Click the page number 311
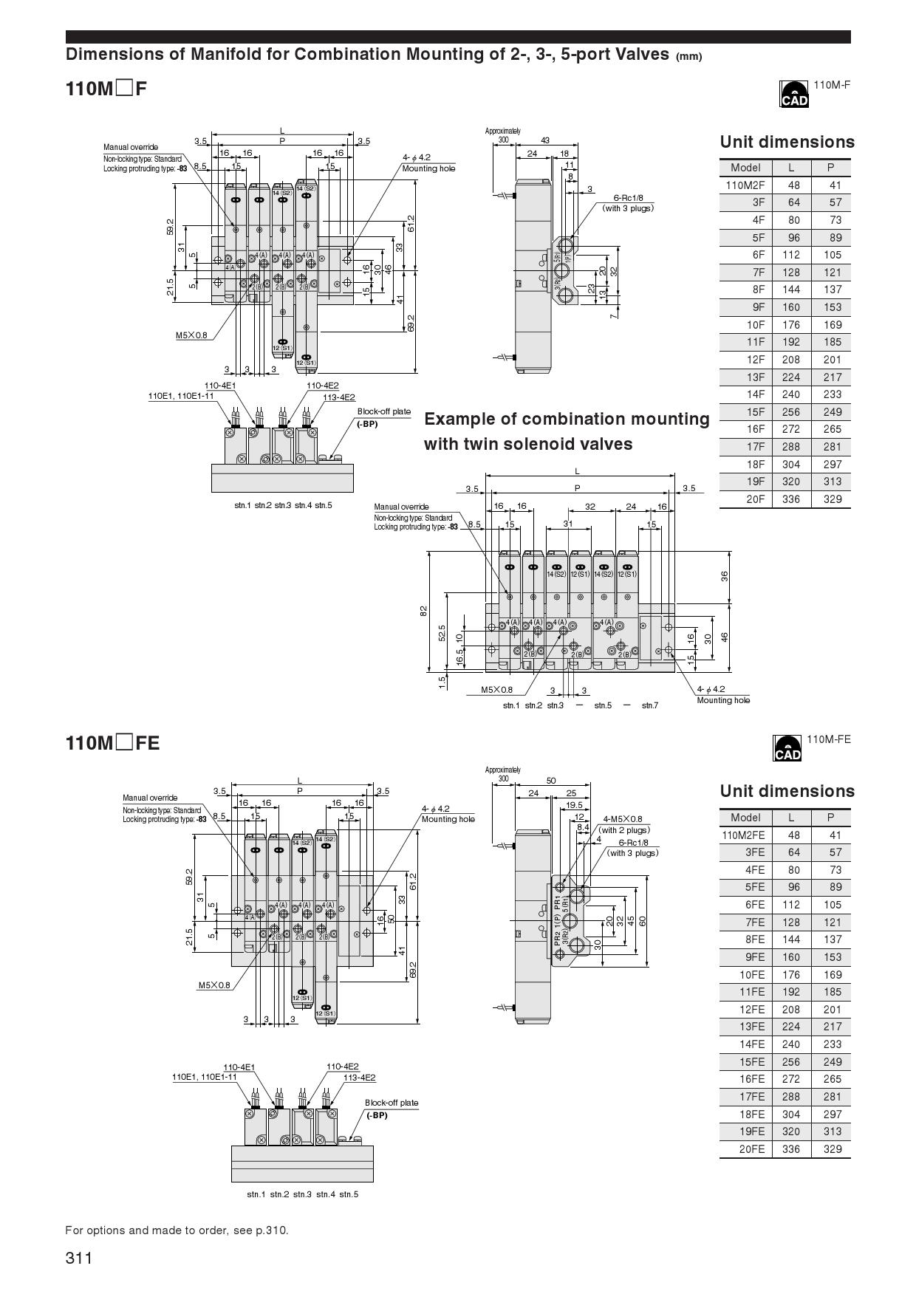79,1258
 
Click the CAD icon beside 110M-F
794,95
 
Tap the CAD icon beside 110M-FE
787,747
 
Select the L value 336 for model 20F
790,499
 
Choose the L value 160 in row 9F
790,307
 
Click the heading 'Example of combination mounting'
567,419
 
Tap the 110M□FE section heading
112,742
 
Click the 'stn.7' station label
649,705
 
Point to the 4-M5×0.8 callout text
623,818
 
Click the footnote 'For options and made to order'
177,1230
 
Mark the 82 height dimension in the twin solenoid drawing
423,611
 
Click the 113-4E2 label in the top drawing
339,397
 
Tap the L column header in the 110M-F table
790,168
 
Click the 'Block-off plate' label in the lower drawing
392,1103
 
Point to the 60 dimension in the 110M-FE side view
643,920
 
